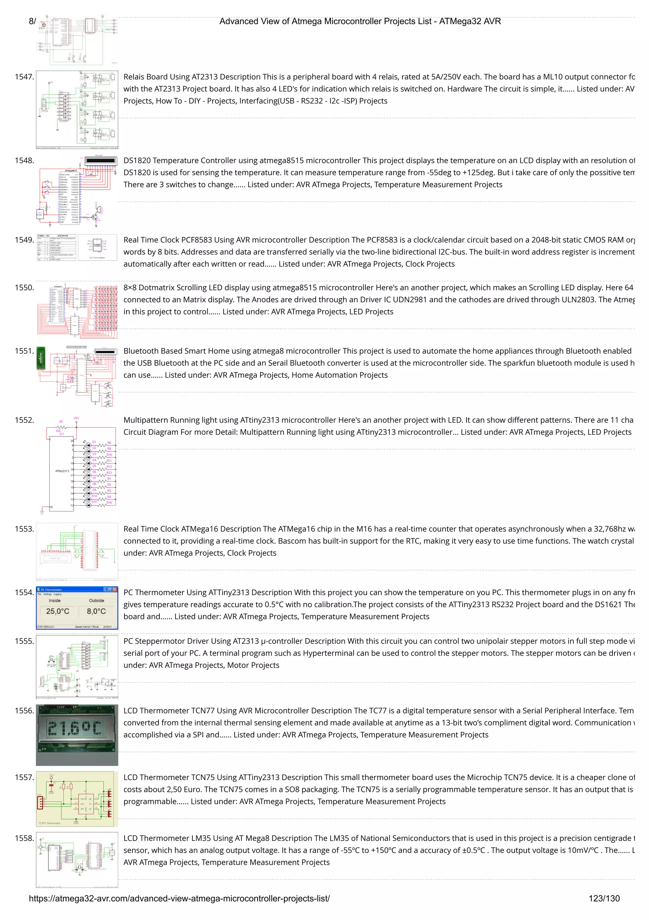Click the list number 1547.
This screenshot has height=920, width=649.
tap(24, 77)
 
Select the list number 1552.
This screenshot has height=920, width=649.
tap(24, 420)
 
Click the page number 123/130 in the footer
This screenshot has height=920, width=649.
tap(604, 898)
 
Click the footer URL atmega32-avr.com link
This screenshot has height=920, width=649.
tap(179, 898)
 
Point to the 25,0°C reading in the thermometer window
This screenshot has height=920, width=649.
tap(58, 611)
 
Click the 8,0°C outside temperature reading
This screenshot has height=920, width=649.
tap(96, 611)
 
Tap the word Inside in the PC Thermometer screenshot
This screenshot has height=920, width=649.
tap(55, 601)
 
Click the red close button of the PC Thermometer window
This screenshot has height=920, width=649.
tap(115, 589)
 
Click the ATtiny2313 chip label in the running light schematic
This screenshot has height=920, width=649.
tap(62, 471)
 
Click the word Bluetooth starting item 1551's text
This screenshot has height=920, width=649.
tap(141, 351)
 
